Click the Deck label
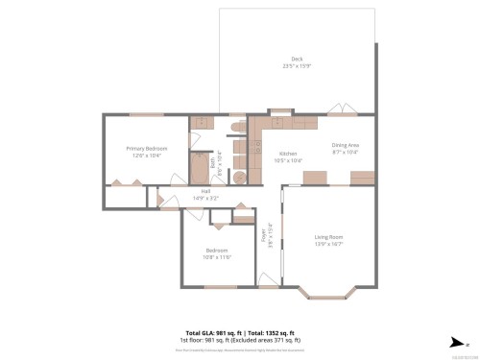pyautogui.click(x=297, y=60)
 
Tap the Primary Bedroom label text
pyautogui.click(x=147, y=149)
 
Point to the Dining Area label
pyautogui.click(x=345, y=146)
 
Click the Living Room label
pyautogui.click(x=328, y=236)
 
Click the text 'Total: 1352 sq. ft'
pyautogui.click(x=271, y=332)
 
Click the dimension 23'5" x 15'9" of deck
pyautogui.click(x=297, y=66)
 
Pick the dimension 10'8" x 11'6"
pyautogui.click(x=216, y=257)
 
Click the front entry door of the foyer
pyautogui.click(x=268, y=279)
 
